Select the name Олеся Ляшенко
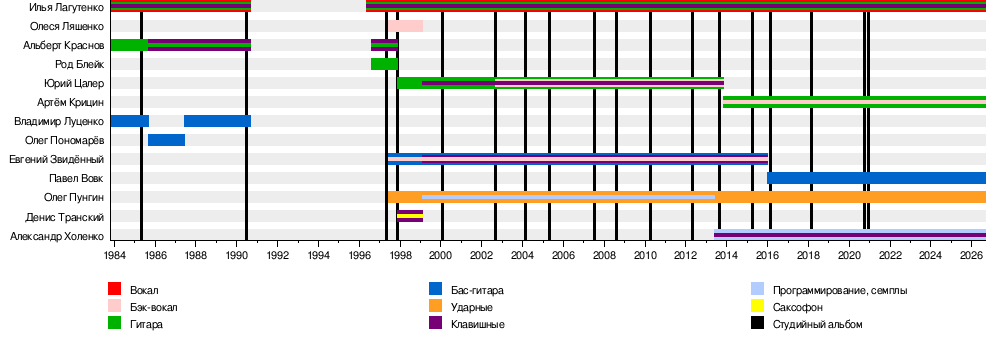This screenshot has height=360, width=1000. click(x=67, y=26)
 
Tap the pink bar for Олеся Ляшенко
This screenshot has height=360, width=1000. click(x=405, y=26)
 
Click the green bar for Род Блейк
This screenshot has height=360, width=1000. click(x=385, y=64)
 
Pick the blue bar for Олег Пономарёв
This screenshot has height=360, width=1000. click(x=166, y=140)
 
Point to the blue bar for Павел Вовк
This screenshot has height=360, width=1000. click(x=876, y=178)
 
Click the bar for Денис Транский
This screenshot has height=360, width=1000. click(x=410, y=216)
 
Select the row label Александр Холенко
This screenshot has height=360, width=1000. click(x=57, y=237)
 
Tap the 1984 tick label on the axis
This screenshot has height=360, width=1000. click(x=114, y=255)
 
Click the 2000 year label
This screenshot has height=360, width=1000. click(x=441, y=255)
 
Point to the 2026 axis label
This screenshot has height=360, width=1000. click(x=971, y=255)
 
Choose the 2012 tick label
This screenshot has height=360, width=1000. click(x=686, y=255)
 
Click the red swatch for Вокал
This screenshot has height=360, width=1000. click(x=114, y=289)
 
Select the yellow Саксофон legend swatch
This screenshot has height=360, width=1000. click(x=757, y=306)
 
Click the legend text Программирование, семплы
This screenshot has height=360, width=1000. click(x=840, y=290)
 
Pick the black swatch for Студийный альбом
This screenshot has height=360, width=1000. click(x=757, y=324)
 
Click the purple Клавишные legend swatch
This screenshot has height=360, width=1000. click(x=436, y=324)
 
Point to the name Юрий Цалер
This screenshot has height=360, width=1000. click(x=74, y=84)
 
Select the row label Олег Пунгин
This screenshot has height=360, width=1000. click(x=74, y=198)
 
